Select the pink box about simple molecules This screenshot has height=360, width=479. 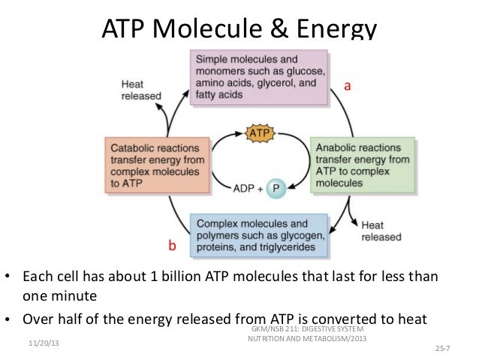click(260, 77)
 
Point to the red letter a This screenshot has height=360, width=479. click(347, 87)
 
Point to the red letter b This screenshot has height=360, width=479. click(172, 246)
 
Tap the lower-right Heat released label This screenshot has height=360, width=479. click(377, 231)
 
